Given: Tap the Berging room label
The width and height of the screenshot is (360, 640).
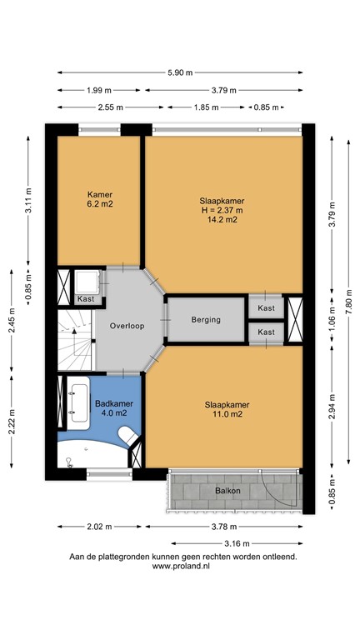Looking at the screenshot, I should [x=205, y=320].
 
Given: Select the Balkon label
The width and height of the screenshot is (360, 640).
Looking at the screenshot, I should [x=227, y=491].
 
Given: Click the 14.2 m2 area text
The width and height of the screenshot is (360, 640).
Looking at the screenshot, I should [x=222, y=220].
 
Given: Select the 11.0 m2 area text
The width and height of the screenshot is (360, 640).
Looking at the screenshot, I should [x=227, y=414].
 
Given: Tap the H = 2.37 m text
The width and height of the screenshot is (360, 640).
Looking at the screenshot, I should [x=222, y=210].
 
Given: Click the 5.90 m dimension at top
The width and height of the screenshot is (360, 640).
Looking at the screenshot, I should [x=179, y=72].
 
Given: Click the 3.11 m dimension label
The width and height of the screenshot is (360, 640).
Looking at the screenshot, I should [x=29, y=202].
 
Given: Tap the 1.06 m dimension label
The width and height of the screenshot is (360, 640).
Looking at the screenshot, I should [x=331, y=320].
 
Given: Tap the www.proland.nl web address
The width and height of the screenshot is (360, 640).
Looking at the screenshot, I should [x=179, y=565].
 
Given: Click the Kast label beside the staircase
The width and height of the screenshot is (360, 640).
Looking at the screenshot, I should [x=86, y=299].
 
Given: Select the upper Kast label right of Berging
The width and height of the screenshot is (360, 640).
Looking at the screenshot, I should [x=266, y=308].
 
